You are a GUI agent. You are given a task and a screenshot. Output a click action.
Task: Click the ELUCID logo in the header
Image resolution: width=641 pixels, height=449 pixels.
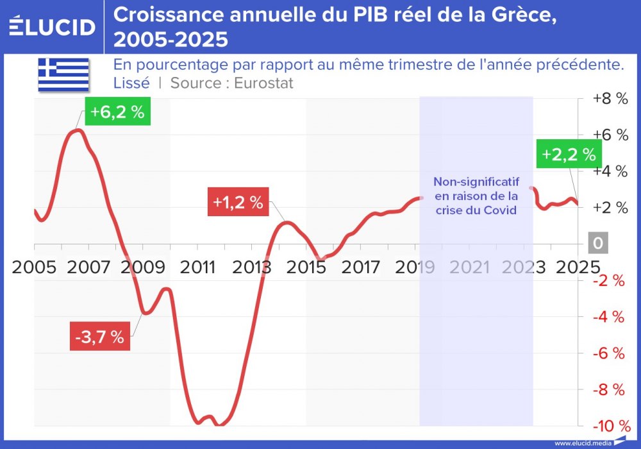point(53,27)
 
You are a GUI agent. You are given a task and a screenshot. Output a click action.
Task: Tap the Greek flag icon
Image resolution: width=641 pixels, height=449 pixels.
point(63,74)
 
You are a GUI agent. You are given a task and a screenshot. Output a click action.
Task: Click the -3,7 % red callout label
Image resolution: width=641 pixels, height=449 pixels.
point(99,337)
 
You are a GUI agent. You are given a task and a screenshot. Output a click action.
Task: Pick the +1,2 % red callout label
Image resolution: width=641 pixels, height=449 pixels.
point(238,202)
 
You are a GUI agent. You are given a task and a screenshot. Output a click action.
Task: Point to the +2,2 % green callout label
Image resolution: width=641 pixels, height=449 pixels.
point(569,155)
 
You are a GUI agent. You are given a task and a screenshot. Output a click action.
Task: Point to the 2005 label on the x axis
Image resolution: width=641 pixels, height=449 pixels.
point(35,266)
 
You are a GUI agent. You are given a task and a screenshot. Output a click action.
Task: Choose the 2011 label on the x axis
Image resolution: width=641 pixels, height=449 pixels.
point(199,266)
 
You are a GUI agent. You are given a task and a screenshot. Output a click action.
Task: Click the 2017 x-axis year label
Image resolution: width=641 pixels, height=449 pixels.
point(361,266)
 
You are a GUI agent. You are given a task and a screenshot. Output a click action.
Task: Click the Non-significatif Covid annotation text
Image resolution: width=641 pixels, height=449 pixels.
point(476,195)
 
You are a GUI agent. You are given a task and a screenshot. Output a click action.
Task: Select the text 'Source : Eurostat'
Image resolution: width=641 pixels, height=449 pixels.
point(231,83)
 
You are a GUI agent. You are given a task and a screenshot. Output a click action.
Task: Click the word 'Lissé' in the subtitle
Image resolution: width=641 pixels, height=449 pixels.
point(131,83)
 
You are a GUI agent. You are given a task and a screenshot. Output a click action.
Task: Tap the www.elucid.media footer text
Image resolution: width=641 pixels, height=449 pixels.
point(581,443)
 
